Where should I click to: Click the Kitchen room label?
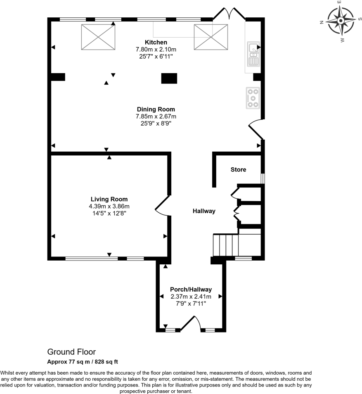click(x=156, y=42)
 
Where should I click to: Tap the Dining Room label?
click(x=156, y=109)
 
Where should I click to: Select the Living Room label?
click(x=109, y=199)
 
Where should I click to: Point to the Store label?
click(x=238, y=170)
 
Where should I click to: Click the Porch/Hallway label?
click(x=191, y=290)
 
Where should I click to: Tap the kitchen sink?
click(x=253, y=54)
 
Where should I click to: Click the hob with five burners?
click(x=252, y=98)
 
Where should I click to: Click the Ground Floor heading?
click(x=71, y=352)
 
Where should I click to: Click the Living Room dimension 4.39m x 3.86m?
click(x=109, y=206)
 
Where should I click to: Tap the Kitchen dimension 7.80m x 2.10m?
click(x=156, y=49)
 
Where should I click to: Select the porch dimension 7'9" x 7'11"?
click(x=191, y=304)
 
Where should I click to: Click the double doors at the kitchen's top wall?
click(x=229, y=12)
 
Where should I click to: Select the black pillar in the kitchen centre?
click(x=169, y=78)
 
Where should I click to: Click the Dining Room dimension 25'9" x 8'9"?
click(x=156, y=123)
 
